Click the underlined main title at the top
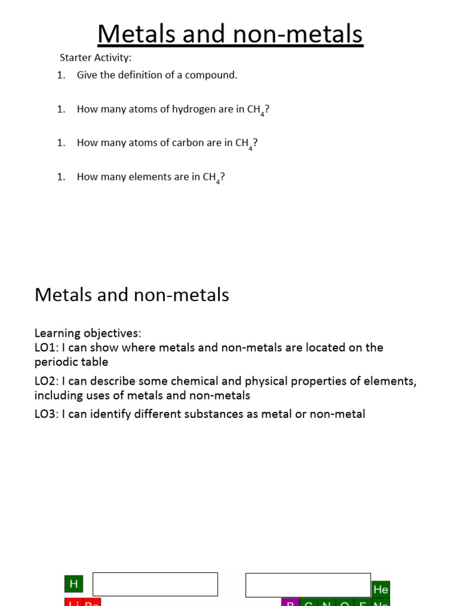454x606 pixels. (x=230, y=34)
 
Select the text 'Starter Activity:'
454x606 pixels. (x=95, y=57)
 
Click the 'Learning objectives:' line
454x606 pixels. (x=87, y=333)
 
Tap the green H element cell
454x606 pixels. (x=73, y=584)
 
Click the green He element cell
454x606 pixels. (x=381, y=589)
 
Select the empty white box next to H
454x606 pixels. (x=155, y=584)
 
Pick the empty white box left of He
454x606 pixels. (x=308, y=585)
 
